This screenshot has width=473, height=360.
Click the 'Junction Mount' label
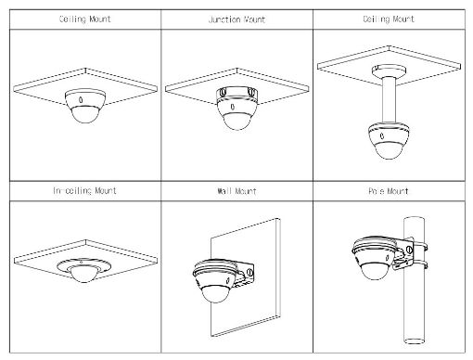235,19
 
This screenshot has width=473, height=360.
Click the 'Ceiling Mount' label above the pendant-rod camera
388,19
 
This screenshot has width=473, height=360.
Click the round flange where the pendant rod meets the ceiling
388,70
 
